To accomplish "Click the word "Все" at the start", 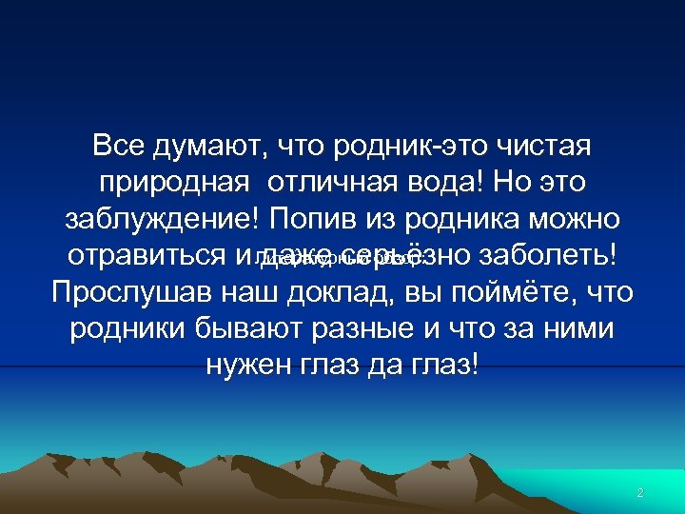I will (118, 147).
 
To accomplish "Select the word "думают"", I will (211, 148).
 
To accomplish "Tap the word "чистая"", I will (541, 147).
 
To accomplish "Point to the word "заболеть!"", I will (550, 255).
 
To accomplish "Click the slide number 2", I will (640, 493).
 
